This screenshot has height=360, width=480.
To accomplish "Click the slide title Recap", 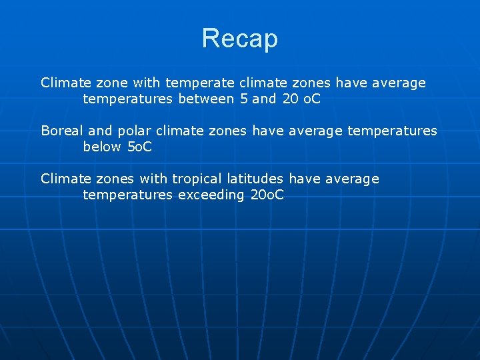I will [239, 39].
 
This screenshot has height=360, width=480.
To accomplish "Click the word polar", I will [135, 131].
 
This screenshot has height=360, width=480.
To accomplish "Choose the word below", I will [103, 147].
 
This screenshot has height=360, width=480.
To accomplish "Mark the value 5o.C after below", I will [139, 147].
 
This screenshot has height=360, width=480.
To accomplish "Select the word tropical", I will [197, 179].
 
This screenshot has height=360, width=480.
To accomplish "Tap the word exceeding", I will [211, 195].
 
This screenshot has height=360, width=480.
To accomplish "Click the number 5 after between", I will [243, 99].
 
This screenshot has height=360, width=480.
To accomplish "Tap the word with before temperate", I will [147, 83].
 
